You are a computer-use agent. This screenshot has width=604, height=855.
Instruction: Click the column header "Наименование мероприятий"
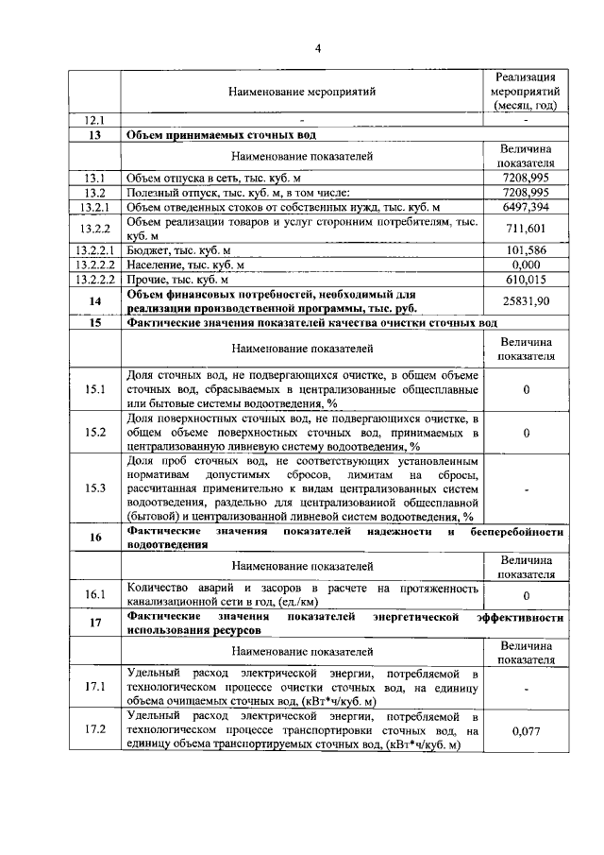pos(302,93)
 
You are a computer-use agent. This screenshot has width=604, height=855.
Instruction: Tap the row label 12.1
pos(94,121)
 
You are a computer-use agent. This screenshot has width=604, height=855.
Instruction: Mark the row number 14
pos(94,300)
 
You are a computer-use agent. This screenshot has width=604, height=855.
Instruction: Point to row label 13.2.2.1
pos(94,250)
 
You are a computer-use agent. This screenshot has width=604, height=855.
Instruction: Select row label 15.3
pos(94,487)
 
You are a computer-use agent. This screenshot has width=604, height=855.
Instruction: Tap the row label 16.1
pos(94,594)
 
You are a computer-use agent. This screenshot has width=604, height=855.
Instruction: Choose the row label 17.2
pos(94,730)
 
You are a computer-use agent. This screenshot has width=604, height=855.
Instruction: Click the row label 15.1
pos(94,389)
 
